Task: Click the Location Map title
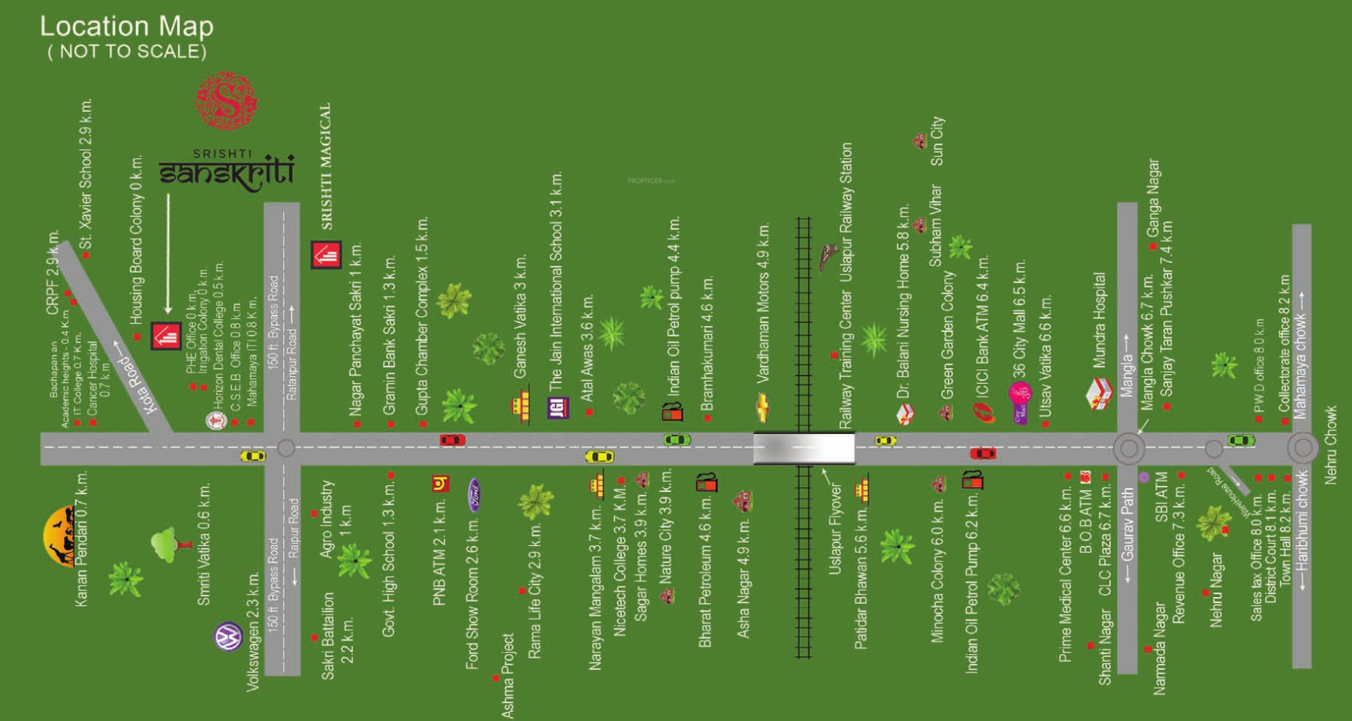(x=126, y=27)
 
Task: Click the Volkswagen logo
(x=228, y=638)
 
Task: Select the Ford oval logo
(x=474, y=494)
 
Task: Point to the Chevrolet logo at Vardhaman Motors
(x=762, y=407)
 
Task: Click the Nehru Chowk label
(x=1330, y=445)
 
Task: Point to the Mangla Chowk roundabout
(x=1128, y=449)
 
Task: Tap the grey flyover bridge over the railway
(x=804, y=449)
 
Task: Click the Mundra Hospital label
(x=1099, y=320)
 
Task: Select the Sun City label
(x=937, y=141)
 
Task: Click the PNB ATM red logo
(x=441, y=484)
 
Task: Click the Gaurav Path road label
(x=1127, y=534)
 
